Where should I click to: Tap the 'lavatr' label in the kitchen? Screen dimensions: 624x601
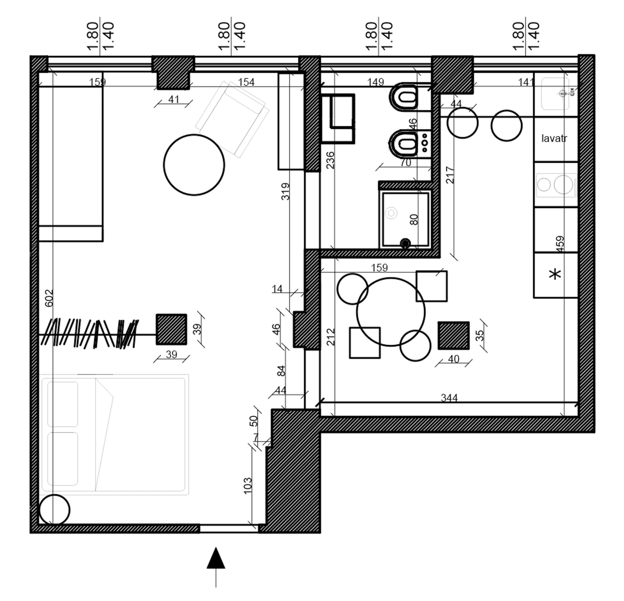pos(554,138)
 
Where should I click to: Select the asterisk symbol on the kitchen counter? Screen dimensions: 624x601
pos(555,274)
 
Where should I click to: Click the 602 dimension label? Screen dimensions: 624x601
pos(49,298)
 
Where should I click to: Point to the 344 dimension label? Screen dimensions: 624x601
pos(449,398)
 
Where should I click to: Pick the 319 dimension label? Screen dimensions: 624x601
pos(286,191)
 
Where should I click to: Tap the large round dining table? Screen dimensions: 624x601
pos(391,312)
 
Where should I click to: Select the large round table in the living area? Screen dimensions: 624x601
pos(194,165)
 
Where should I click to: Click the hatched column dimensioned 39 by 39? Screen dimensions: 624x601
pos(171,329)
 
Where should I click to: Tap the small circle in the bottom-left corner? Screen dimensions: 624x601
pos(55,510)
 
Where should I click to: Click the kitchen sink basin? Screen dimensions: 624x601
pos(555,94)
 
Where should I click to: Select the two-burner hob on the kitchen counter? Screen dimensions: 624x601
pos(556,185)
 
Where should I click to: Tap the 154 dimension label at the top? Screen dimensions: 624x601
pos(246,82)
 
